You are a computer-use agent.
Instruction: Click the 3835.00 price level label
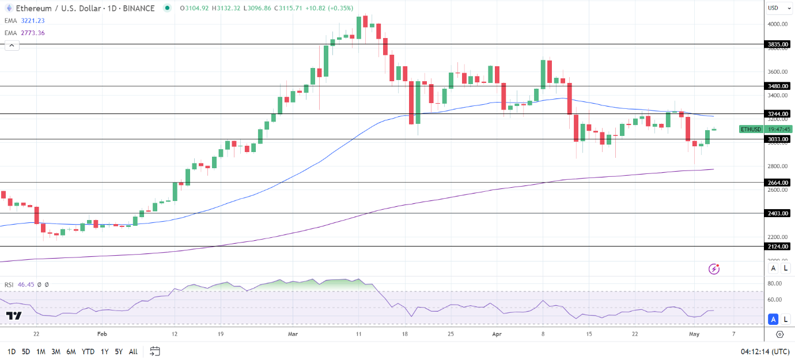[777, 44]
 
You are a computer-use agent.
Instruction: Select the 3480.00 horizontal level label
[777, 86]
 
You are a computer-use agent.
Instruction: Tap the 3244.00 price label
[777, 114]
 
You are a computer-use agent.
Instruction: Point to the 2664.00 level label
[777, 183]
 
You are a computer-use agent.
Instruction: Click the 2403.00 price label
[777, 213]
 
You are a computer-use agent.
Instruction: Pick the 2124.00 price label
[777, 247]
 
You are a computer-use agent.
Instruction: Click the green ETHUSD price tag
[751, 129]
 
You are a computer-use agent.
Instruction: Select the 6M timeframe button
[71, 351]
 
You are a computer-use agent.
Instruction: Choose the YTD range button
[88, 351]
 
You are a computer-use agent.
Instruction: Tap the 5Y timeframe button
[118, 351]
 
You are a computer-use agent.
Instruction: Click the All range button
[133, 351]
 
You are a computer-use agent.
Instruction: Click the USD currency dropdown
[775, 8]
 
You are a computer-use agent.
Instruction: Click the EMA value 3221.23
[33, 21]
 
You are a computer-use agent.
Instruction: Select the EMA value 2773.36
[33, 33]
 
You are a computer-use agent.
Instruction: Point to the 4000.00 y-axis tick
[777, 24]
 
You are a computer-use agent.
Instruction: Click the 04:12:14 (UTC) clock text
[764, 351]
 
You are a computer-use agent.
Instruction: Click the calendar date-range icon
[154, 351]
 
